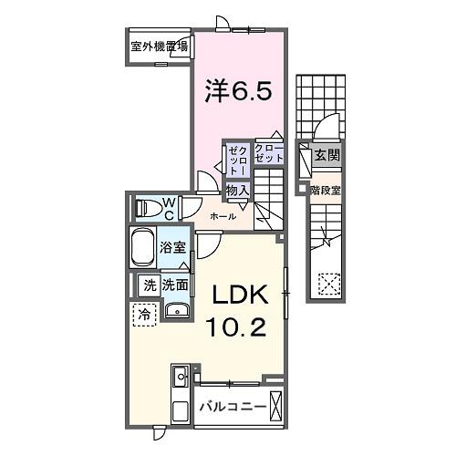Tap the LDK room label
click(241, 295)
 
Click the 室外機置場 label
click(159, 46)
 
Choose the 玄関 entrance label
click(326, 156)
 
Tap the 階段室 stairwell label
click(326, 190)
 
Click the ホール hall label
click(223, 216)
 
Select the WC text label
click(169, 208)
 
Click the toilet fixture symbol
click(146, 208)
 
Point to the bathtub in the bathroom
click(143, 247)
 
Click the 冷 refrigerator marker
click(145, 315)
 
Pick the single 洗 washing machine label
click(149, 285)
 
